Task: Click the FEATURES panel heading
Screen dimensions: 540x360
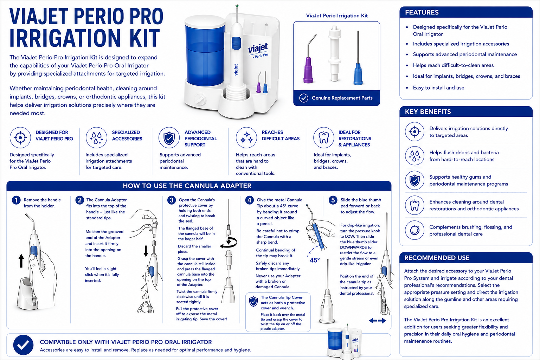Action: coord(422,12)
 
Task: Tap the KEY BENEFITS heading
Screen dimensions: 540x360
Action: coord(427,112)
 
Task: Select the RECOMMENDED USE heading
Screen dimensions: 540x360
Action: coord(437,258)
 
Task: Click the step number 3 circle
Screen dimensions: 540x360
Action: coord(172,200)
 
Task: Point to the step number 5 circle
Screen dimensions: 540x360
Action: coord(333,200)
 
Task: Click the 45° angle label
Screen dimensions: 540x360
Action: coord(315,260)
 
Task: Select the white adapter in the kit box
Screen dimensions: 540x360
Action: coord(335,53)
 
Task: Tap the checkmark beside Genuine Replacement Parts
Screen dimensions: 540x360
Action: coord(303,98)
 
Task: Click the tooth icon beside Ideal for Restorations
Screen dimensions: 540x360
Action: coord(323,138)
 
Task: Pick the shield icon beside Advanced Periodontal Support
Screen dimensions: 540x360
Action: coord(169,138)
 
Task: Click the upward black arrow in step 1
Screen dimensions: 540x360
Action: coord(21,261)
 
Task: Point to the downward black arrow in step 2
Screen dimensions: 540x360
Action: coord(146,251)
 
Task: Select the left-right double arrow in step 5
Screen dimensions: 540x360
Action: coord(378,321)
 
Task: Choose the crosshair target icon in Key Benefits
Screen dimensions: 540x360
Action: coord(414,131)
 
